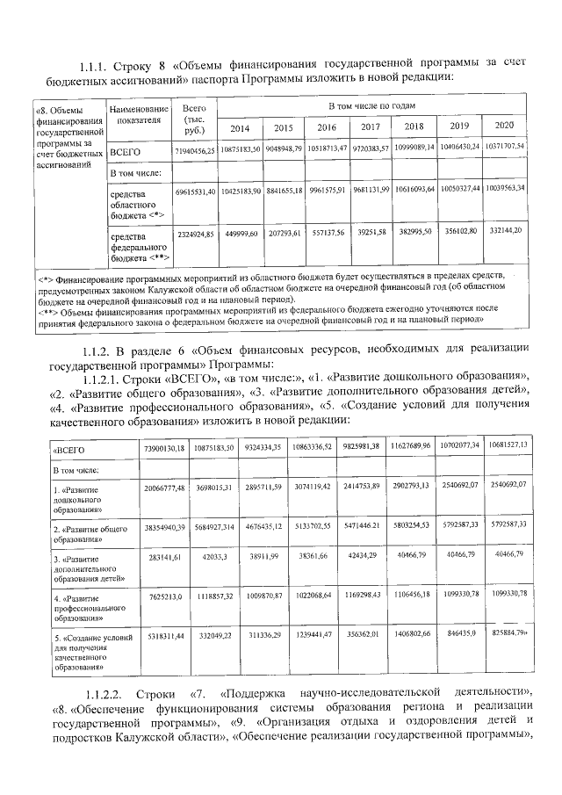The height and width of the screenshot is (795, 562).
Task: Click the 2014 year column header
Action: click(x=240, y=127)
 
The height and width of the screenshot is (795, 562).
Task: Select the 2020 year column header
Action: click(x=504, y=126)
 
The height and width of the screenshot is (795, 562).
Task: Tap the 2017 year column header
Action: click(x=370, y=127)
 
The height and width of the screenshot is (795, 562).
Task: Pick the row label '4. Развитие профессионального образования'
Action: click(x=87, y=605)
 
